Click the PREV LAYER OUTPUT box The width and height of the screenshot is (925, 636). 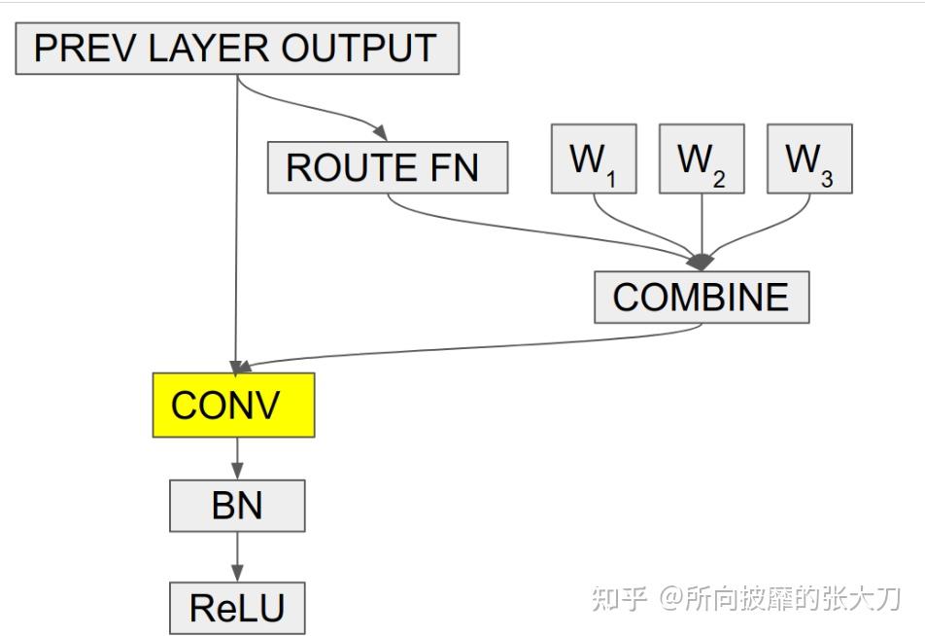pyautogui.click(x=236, y=48)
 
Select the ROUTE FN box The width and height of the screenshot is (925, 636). pyautogui.click(x=387, y=167)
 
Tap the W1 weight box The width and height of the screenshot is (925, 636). pyautogui.click(x=593, y=159)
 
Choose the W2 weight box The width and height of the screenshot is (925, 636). pyautogui.click(x=701, y=159)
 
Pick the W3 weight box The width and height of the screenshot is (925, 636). pyautogui.click(x=808, y=159)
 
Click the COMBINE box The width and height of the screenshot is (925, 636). pyautogui.click(x=701, y=297)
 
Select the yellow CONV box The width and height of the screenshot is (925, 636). pyautogui.click(x=233, y=405)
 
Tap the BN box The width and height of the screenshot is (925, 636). pyautogui.click(x=237, y=506)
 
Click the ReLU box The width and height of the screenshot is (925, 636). pyautogui.click(x=237, y=608)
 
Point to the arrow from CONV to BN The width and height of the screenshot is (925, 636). pyautogui.click(x=237, y=458)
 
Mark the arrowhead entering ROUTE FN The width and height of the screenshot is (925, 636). pyautogui.click(x=379, y=134)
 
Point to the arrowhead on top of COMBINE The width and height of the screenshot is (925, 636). pyautogui.click(x=701, y=262)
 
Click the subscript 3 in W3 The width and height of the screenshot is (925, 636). pyautogui.click(x=826, y=178)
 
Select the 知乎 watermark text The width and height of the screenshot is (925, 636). pyautogui.click(x=619, y=598)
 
